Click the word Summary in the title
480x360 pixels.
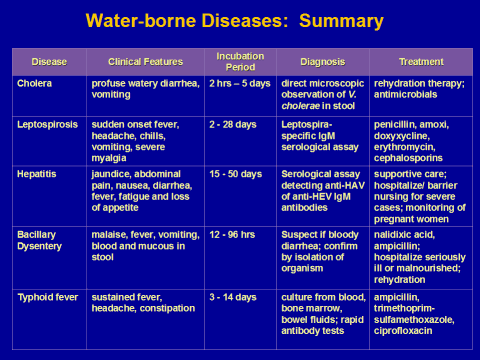[341, 21]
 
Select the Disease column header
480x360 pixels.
[49, 62]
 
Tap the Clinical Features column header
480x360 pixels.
[146, 62]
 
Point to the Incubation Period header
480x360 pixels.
[240, 62]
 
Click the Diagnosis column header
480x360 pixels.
[323, 62]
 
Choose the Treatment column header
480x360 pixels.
[421, 62]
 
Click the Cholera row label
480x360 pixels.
[34, 83]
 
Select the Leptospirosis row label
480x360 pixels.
[47, 125]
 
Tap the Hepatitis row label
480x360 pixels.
[37, 174]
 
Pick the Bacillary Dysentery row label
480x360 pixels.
[39, 240]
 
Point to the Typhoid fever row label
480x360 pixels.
[48, 297]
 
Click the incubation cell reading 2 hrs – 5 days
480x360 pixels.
[240, 83]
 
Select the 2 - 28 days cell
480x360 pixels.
[233, 125]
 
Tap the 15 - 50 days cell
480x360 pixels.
[236, 174]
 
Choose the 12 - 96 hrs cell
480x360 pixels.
[232, 235]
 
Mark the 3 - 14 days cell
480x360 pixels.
[233, 297]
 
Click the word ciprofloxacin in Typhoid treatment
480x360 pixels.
[403, 331]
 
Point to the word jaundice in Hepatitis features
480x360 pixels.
[111, 174]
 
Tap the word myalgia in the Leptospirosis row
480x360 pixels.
[109, 158]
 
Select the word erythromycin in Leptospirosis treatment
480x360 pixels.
[405, 147]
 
